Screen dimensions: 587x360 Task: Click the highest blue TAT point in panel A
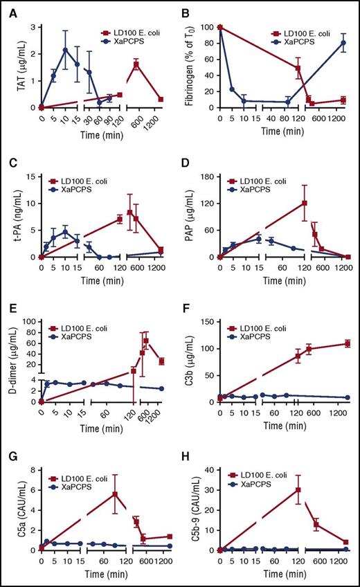65,50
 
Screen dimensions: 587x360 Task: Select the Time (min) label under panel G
104,574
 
